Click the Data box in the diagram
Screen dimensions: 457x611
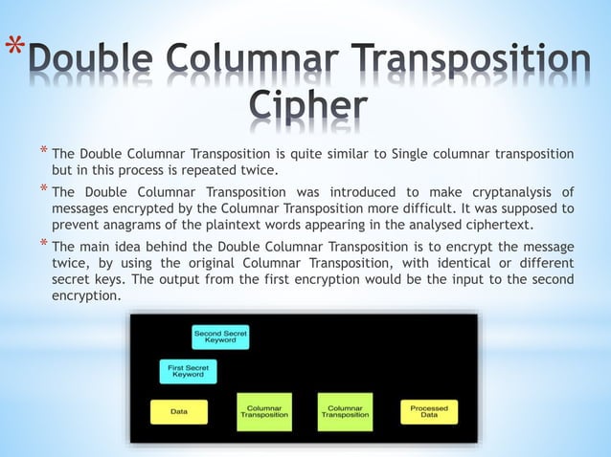[x=178, y=412]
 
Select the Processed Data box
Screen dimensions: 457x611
[x=422, y=411]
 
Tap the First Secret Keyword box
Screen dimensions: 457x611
[x=188, y=371]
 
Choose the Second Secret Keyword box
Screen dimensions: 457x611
[x=220, y=337]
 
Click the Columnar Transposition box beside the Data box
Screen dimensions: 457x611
[x=264, y=411]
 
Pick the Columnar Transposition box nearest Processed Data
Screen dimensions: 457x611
[x=345, y=411]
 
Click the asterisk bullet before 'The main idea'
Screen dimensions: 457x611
[x=43, y=242]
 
